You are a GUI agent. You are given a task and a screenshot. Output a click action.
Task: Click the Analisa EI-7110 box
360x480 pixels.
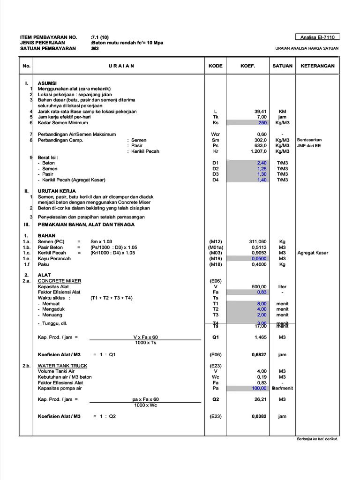click(317, 37)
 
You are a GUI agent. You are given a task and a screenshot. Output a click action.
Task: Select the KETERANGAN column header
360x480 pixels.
click(317, 66)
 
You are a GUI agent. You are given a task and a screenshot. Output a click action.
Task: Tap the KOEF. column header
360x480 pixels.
click(248, 66)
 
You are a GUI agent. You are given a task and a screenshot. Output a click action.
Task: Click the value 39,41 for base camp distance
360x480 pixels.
click(260, 112)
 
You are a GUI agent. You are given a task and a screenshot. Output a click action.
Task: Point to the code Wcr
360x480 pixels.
click(216, 135)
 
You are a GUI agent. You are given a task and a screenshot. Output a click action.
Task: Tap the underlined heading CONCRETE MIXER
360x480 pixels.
click(60, 281)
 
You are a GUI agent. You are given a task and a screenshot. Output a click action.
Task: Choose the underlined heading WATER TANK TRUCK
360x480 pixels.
click(62, 366)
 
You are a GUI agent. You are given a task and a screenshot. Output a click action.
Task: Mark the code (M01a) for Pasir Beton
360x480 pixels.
click(216, 247)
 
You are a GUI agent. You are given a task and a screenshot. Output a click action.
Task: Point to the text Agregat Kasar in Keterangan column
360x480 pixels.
click(313, 253)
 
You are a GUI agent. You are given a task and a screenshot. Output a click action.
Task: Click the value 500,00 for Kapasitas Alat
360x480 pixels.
click(259, 287)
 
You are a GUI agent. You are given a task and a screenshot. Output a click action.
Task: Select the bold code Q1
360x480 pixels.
click(216, 337)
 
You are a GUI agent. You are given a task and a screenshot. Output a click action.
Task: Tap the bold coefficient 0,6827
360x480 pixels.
click(259, 355)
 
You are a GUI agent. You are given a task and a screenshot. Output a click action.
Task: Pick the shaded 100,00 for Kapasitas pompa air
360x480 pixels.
click(259, 388)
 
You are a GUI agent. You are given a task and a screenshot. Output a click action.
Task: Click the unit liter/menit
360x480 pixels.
click(282, 388)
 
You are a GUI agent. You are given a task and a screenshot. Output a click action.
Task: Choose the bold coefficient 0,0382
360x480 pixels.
click(259, 416)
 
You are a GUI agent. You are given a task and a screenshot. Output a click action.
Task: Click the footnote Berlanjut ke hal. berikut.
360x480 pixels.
click(317, 439)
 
